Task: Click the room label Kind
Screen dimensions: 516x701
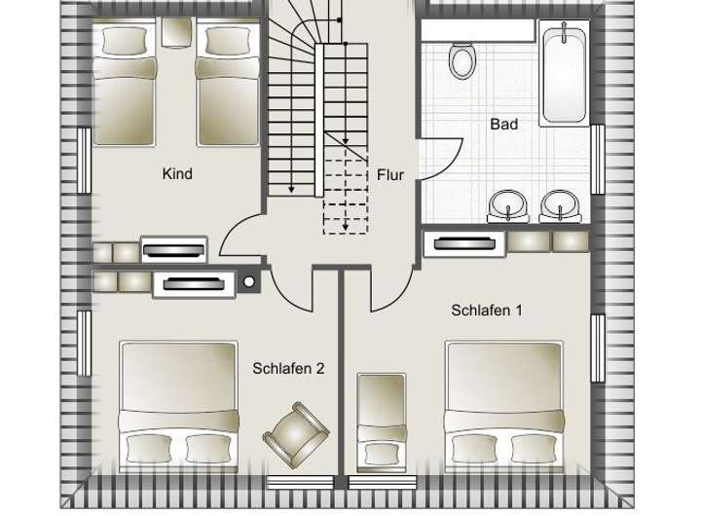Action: [x=178, y=174]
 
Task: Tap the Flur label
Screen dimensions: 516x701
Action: [x=390, y=175]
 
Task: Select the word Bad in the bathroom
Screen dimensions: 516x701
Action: [x=503, y=124]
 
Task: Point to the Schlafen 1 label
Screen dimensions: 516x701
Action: [x=488, y=311]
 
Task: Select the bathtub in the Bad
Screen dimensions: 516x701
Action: [x=564, y=74]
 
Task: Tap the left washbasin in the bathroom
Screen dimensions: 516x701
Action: [x=507, y=204]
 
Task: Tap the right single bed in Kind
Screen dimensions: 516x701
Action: [x=227, y=83]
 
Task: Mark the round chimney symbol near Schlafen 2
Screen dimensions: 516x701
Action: [x=249, y=282]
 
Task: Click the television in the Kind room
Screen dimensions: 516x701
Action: [x=174, y=250]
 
